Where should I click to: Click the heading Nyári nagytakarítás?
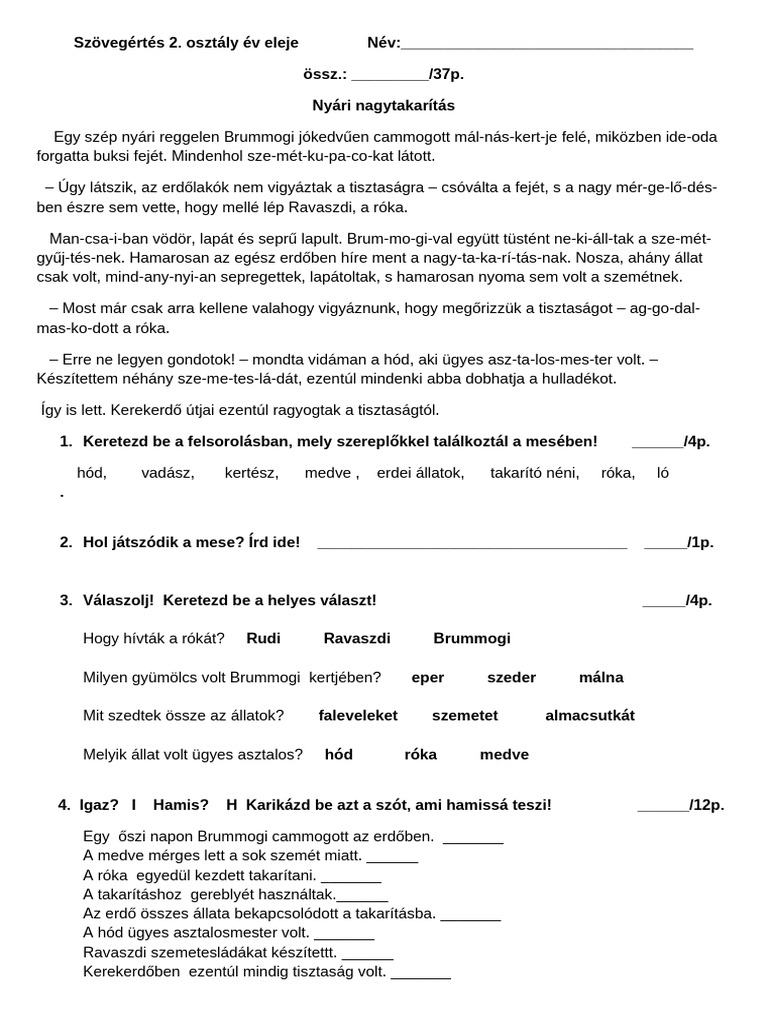384,104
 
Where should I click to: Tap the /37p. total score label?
446,74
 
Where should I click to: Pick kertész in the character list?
251,473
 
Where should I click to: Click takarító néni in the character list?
534,473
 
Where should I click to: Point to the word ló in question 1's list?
663,473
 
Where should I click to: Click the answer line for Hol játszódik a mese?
471,544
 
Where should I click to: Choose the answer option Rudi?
263,638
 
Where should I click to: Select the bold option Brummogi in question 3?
471,638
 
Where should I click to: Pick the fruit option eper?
427,677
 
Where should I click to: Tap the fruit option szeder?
511,677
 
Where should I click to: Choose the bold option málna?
600,677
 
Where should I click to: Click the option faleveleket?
358,715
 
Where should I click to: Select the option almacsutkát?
589,715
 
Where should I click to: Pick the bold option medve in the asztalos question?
504,754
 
